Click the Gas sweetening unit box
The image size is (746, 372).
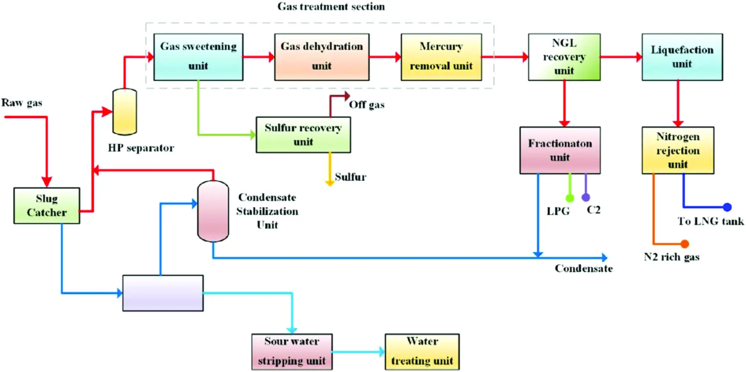pos(198,57)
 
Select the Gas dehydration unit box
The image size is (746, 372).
pos(322,57)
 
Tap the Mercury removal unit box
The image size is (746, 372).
pos(441,57)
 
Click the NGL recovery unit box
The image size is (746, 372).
pos(564,57)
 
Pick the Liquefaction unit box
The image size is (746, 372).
pos(682,57)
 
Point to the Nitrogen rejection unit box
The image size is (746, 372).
pos(678,150)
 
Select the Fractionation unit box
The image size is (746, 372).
pos(560,150)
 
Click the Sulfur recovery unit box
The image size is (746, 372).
pos(303,135)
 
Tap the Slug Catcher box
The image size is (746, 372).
pos(47,206)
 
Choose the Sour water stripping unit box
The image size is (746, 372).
pos(292,352)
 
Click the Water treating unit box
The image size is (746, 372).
pos(422,352)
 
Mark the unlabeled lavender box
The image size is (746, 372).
pos(163,293)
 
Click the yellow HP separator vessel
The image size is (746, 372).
pos(124,112)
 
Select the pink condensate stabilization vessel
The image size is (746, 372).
pos(213,211)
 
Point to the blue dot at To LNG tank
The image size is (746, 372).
pos(727,207)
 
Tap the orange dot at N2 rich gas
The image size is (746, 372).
pos(685,244)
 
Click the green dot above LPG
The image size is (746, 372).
pos(570,198)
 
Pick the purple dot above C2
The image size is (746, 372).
pos(586,197)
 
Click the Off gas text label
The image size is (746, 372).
pos(367,104)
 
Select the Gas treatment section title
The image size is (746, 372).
pos(331,6)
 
